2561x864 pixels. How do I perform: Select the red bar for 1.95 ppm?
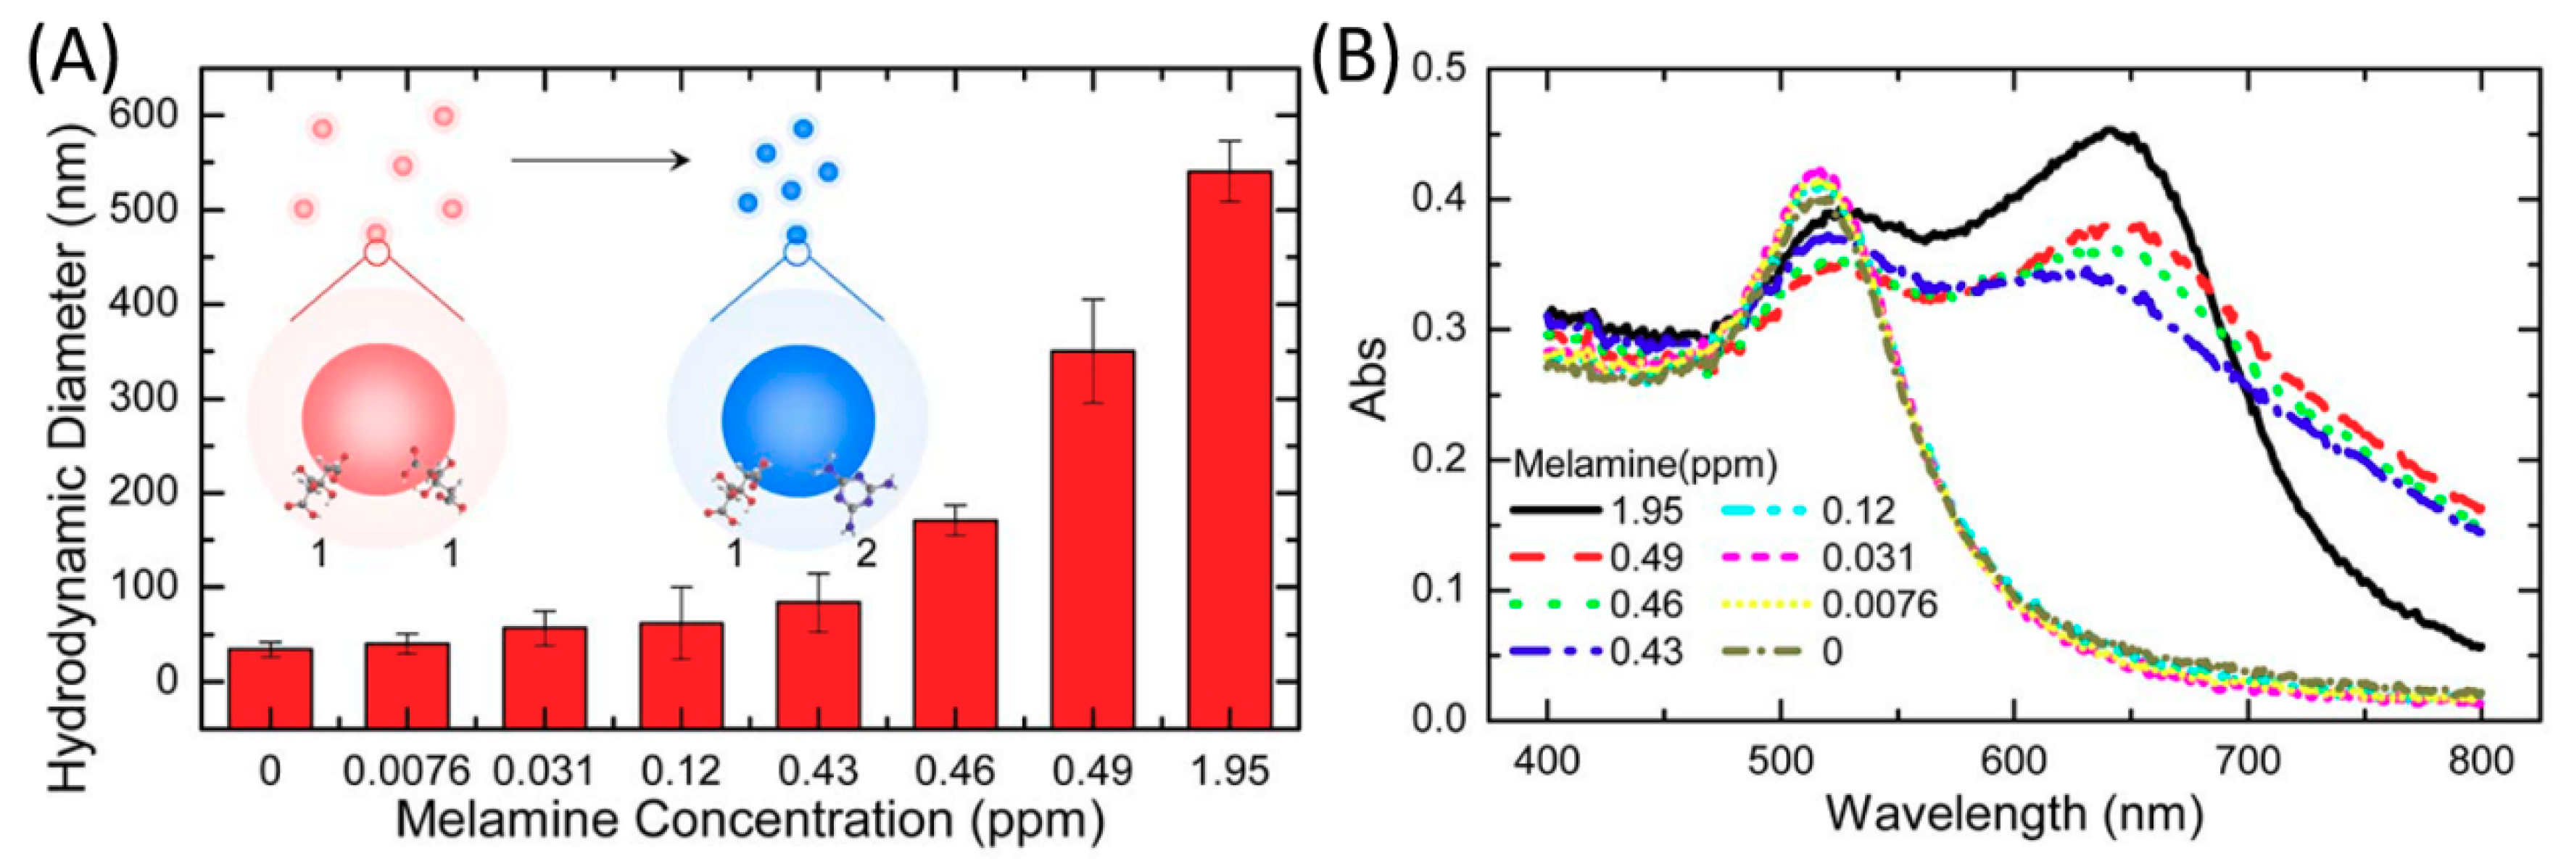1229,448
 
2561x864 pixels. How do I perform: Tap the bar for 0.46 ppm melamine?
956,622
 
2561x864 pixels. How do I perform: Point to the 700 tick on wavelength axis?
2248,760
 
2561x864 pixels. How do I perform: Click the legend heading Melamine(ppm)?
1645,464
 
